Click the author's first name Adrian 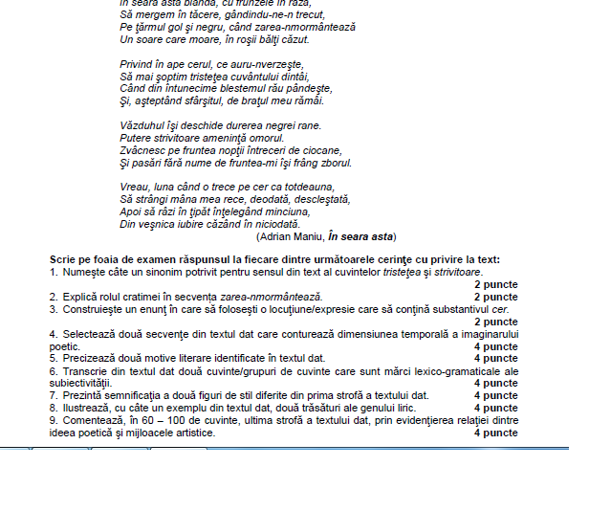coord(277,235)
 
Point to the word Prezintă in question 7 coord(83,395)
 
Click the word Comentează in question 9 coord(93,420)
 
